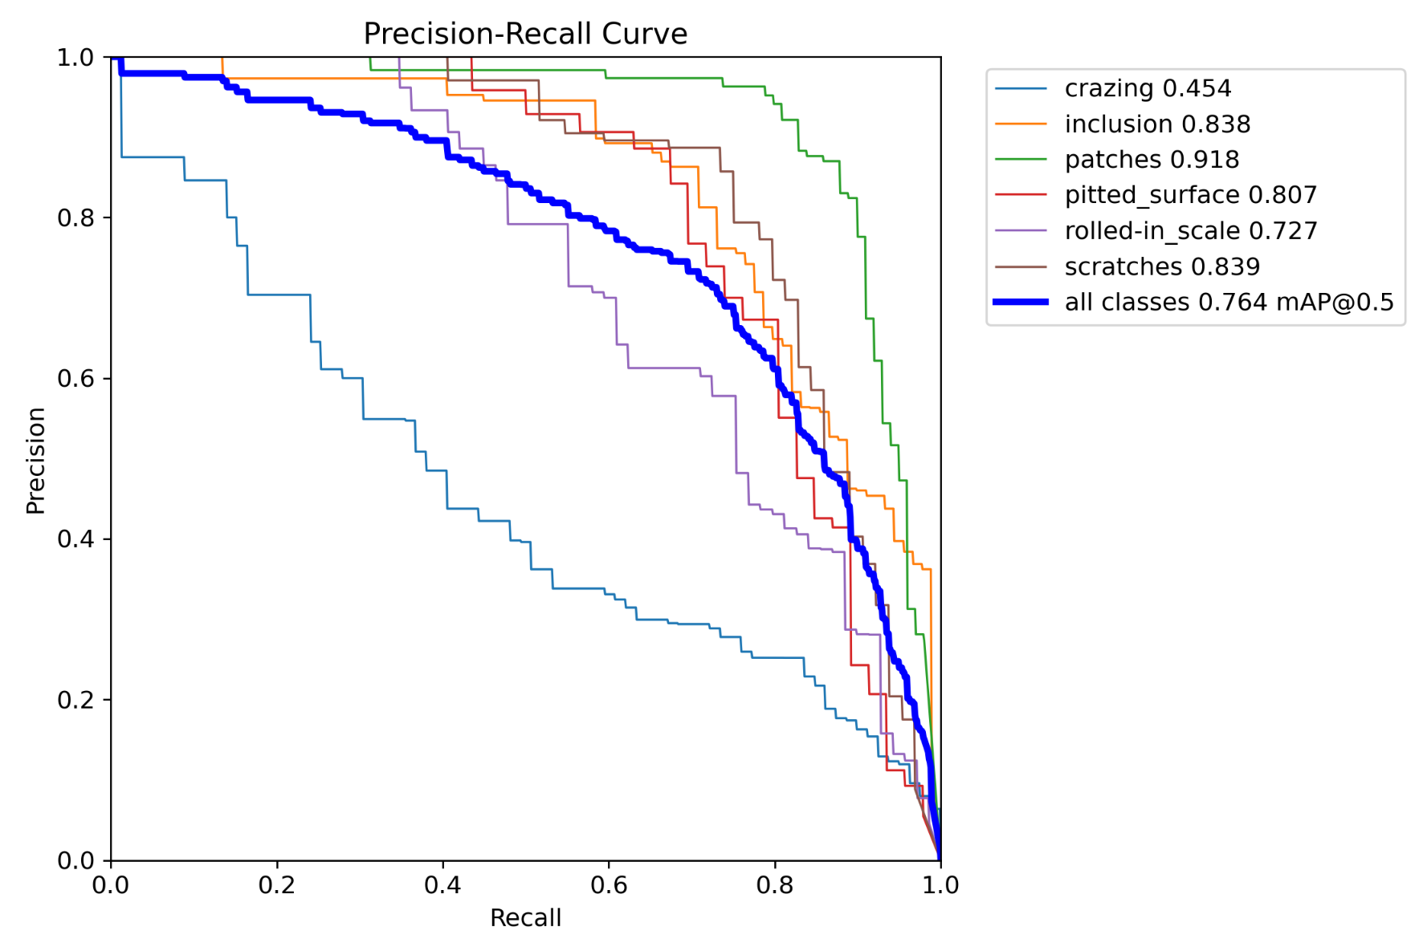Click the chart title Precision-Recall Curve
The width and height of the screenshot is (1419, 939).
coord(525,34)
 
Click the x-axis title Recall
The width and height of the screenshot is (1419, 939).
coord(525,917)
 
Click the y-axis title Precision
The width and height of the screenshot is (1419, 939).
coord(35,460)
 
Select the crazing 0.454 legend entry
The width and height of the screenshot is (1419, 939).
coord(1147,88)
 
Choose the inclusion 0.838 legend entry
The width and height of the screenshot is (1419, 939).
coord(1156,124)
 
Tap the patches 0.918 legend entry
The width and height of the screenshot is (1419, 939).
coord(1151,160)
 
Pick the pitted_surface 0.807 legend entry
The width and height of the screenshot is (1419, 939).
coord(1190,195)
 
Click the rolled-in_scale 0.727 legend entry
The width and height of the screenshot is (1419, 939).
coord(1190,231)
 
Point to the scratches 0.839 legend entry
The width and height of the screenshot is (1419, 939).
coord(1161,266)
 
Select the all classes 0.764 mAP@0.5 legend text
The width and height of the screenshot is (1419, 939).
coord(1229,302)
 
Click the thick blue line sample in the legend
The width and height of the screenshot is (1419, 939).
coord(1021,302)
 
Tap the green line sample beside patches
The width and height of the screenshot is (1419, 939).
coord(1021,160)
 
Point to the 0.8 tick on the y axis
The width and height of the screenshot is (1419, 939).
coord(75,218)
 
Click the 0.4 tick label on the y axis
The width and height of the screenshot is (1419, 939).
coord(75,539)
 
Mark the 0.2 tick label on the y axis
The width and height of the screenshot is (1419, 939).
coord(75,700)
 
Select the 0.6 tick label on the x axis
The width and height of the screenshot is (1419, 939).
coord(609,885)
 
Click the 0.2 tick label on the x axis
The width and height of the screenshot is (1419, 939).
coord(277,885)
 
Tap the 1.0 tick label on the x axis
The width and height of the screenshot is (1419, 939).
coord(940,885)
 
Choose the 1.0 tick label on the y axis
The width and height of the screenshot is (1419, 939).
coord(75,58)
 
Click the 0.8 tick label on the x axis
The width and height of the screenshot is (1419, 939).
coord(775,885)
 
